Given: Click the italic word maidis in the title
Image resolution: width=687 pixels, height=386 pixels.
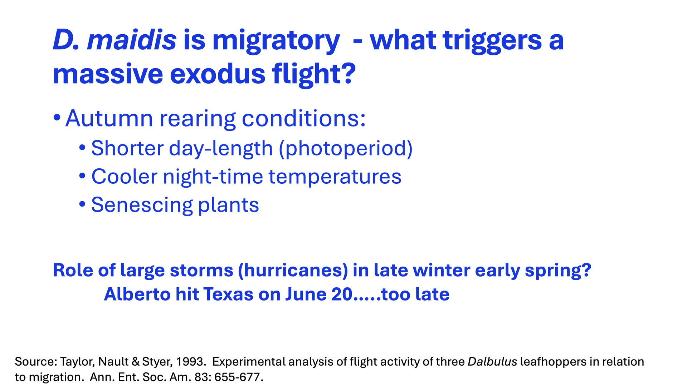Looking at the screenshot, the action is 132,40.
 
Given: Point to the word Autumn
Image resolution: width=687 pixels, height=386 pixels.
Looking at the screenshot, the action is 109,118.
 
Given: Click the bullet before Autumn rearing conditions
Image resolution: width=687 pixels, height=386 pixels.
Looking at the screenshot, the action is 57,118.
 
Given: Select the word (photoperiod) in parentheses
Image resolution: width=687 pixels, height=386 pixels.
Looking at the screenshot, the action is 346,149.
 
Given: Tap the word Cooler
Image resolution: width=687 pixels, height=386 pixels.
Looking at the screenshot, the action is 124,177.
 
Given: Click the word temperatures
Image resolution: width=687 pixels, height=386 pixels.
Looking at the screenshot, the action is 335,177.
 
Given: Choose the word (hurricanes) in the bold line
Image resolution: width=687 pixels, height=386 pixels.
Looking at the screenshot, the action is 293,270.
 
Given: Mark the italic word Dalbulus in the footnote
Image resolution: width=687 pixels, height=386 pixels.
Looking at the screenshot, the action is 492,362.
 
